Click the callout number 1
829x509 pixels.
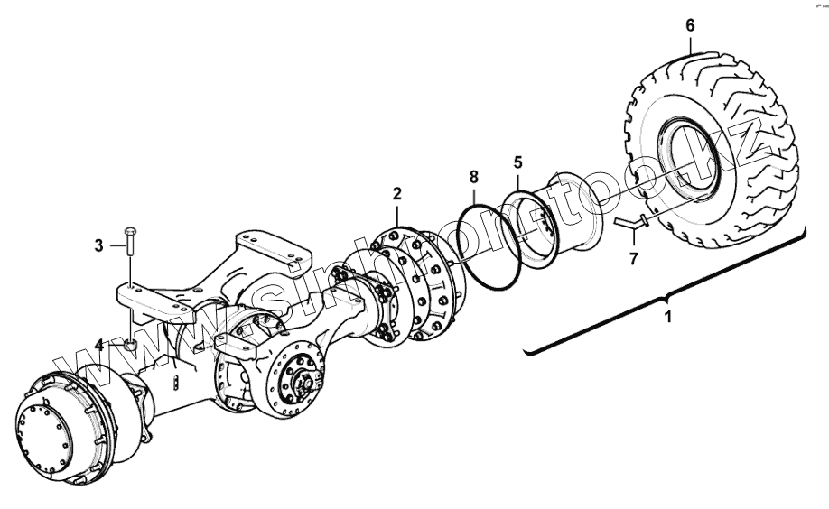pyautogui.click(x=668, y=318)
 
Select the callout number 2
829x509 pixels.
pyautogui.click(x=396, y=193)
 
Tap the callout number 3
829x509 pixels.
pyautogui.click(x=100, y=244)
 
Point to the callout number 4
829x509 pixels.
pyautogui.click(x=100, y=344)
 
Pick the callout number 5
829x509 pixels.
pyautogui.click(x=517, y=162)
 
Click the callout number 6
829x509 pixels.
pyautogui.click(x=690, y=24)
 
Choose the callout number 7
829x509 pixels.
pyautogui.click(x=633, y=259)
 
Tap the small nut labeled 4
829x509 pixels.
pyautogui.click(x=130, y=344)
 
